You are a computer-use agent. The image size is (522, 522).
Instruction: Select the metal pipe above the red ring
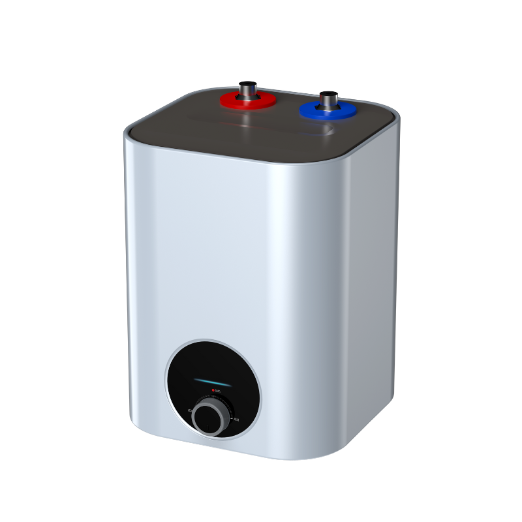coord(247,89)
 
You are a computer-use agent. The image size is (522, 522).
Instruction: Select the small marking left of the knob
coord(189,410)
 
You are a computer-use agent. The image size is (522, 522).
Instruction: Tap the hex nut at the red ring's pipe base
coord(247,98)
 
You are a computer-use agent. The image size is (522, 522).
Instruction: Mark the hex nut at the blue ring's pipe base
coord(328,106)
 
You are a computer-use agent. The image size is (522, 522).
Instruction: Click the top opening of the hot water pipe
coord(247,82)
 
